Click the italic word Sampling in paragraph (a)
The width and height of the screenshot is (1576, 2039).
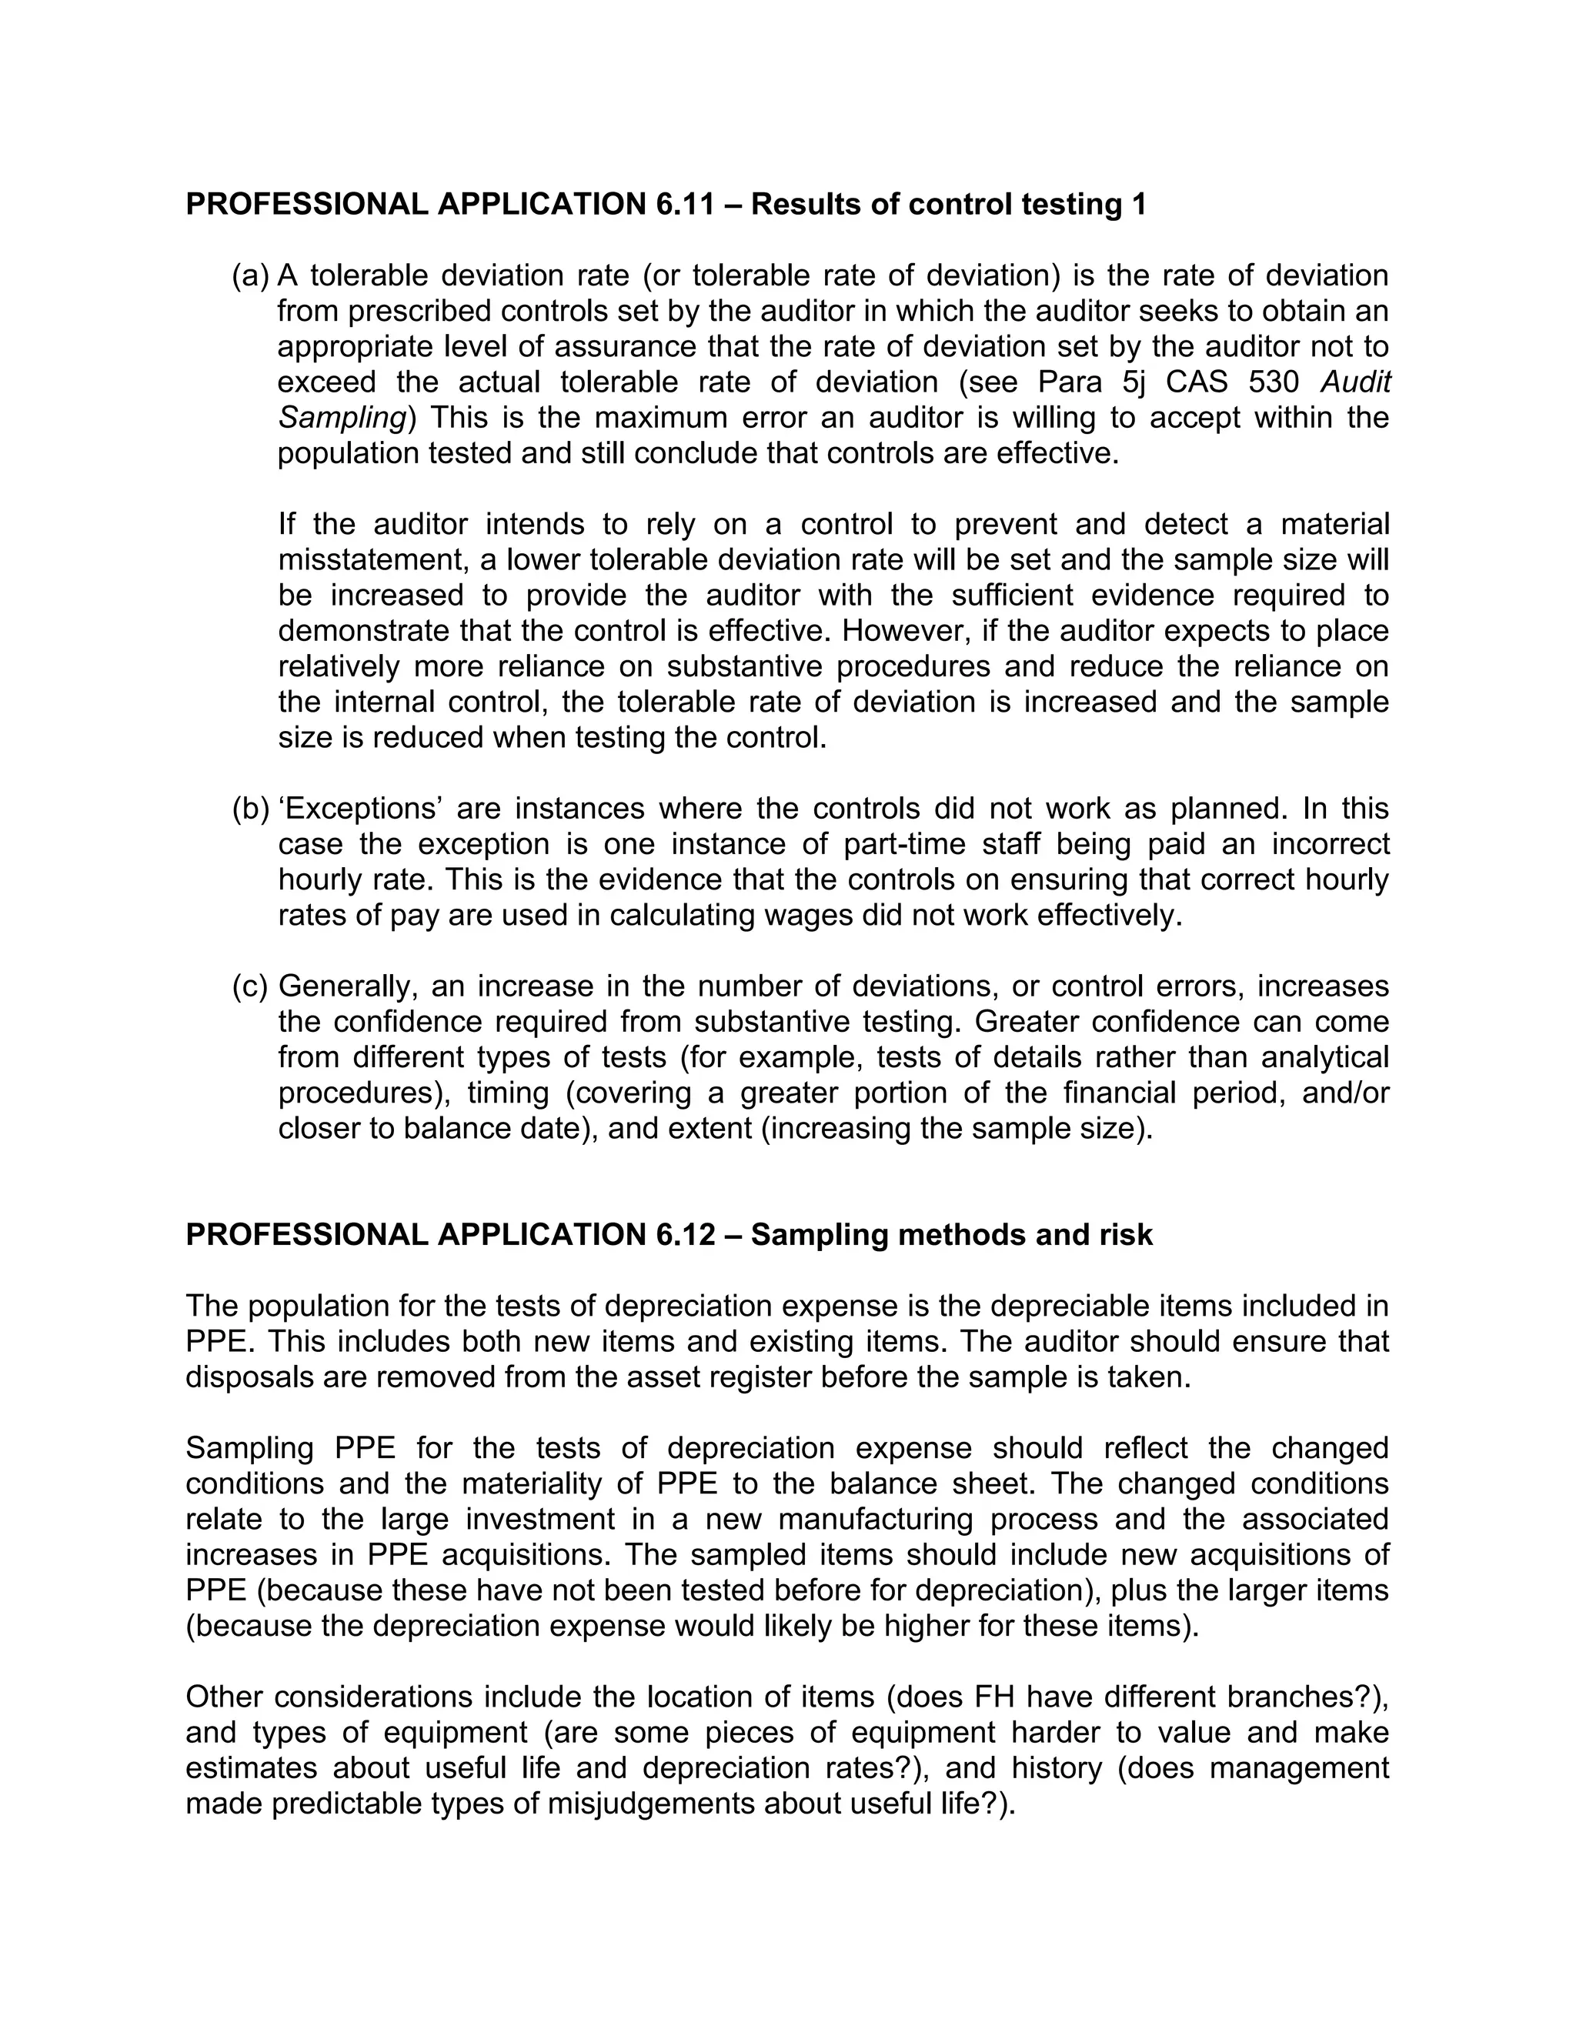pos(342,419)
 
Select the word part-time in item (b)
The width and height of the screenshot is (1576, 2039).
pos(910,844)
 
